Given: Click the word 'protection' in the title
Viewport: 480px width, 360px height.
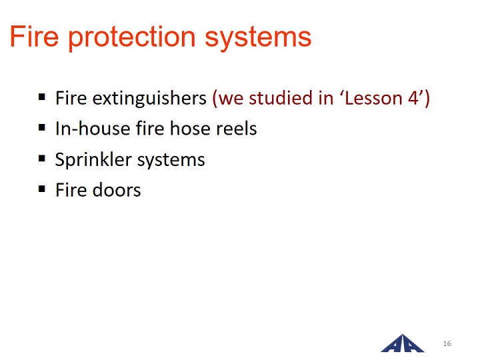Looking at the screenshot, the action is click(131, 37).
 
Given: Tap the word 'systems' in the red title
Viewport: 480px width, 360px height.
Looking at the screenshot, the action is click(258, 37).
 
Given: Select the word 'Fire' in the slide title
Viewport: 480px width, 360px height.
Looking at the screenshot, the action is click(34, 36).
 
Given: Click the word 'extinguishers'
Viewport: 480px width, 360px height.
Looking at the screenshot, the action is click(149, 99).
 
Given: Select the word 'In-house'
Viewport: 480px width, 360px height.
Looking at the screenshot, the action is click(93, 128).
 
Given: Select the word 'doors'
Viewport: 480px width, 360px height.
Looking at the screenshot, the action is click(117, 190).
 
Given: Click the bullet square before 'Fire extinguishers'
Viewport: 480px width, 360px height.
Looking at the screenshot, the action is click(42, 97).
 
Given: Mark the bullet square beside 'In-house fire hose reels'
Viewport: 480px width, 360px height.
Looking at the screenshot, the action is click(42, 127).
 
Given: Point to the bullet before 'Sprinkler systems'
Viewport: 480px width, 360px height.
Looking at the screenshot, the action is click(42, 159).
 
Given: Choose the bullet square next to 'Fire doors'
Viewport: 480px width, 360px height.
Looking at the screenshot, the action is click(42, 189).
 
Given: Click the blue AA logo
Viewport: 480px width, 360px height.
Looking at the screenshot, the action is click(402, 343).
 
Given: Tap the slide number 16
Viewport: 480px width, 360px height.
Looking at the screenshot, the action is click(447, 343).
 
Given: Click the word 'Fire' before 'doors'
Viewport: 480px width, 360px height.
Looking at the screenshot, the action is click(71, 190).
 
